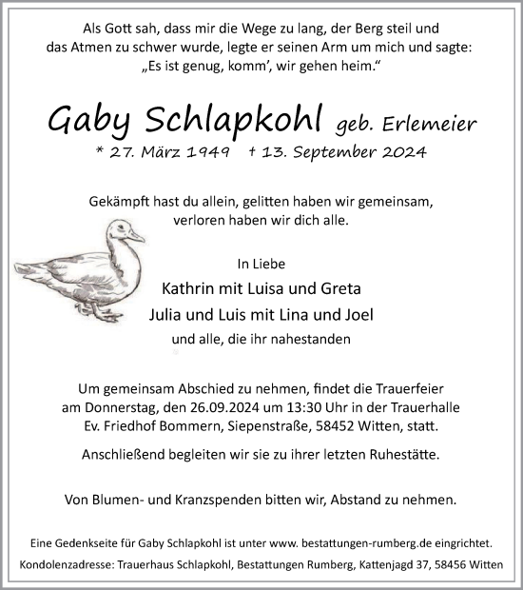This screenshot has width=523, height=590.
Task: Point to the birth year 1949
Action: (204, 152)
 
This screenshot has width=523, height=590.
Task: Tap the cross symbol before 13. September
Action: (251, 152)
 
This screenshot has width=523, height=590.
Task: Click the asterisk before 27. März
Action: (99, 152)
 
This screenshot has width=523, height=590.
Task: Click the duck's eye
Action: (122, 229)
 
